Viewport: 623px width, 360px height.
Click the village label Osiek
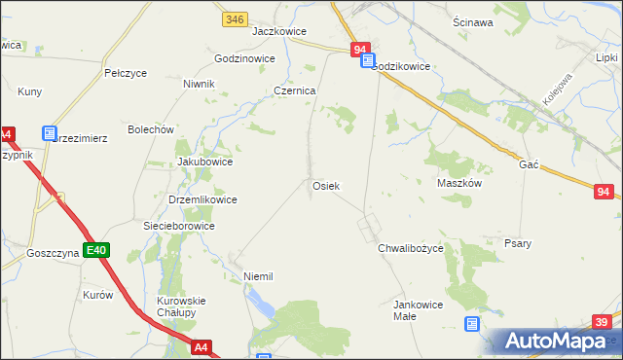tap(325, 186)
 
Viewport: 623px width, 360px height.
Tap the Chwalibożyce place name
tap(411, 249)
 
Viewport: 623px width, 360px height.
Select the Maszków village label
tap(459, 182)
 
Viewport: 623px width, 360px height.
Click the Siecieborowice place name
tap(179, 226)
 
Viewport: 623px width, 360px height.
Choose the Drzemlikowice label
tap(202, 199)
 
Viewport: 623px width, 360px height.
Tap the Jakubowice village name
tap(204, 162)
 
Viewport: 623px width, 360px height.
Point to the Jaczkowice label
tap(274, 30)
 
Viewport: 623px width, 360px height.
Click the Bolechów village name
tap(151, 129)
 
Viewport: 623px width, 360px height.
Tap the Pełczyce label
tap(125, 73)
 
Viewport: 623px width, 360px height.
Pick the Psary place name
tap(518, 243)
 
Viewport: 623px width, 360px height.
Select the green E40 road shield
tap(95, 251)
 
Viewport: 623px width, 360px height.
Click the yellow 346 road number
tap(234, 18)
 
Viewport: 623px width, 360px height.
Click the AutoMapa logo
tap(558, 342)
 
